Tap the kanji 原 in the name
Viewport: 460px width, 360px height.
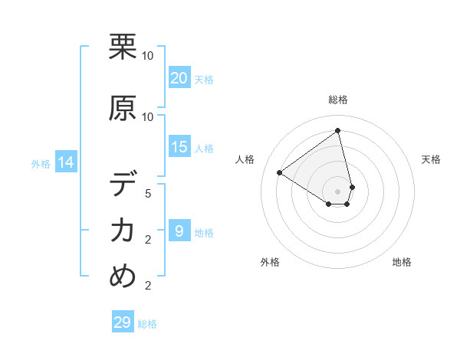pyautogui.click(x=123, y=108)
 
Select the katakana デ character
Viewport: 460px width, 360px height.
pyautogui.click(x=123, y=185)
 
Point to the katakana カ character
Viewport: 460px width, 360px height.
pyautogui.click(x=123, y=231)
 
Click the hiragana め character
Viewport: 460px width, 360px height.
pyautogui.click(x=123, y=277)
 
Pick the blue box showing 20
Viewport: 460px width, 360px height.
pyautogui.click(x=179, y=77)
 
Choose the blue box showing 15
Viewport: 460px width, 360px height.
pyautogui.click(x=179, y=147)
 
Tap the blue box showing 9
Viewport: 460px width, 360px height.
pyautogui.click(x=179, y=231)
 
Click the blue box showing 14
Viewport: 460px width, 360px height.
pyautogui.click(x=65, y=162)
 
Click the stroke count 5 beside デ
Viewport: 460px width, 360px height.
pyautogui.click(x=148, y=194)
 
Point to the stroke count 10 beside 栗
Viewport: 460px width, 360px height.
pyautogui.click(x=148, y=55)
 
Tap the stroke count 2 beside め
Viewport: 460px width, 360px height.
pyautogui.click(x=148, y=286)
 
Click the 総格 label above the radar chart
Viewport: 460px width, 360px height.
pyautogui.click(x=338, y=100)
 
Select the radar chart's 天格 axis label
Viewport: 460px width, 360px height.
pyautogui.click(x=432, y=159)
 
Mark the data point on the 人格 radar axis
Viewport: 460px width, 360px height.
pyautogui.click(x=279, y=172)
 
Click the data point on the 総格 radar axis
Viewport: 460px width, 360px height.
pyautogui.click(x=338, y=130)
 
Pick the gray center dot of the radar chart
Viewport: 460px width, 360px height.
pyautogui.click(x=338, y=191)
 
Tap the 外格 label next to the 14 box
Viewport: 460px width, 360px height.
pyautogui.click(x=40, y=163)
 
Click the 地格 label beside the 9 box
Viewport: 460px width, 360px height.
pyautogui.click(x=204, y=232)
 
